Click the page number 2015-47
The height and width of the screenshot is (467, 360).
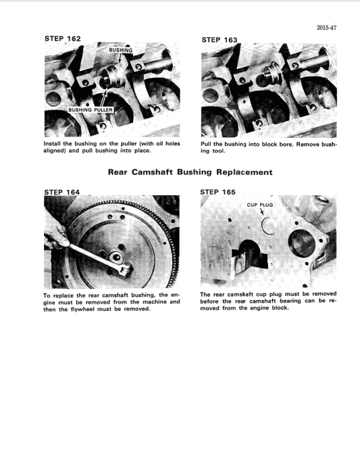pos(327,28)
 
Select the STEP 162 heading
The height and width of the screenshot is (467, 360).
pos(62,39)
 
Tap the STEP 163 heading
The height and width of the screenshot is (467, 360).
pos(220,40)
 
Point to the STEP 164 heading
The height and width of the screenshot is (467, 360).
pos(61,192)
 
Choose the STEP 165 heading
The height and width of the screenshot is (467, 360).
pos(218,192)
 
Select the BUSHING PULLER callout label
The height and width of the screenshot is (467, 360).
pos(90,109)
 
